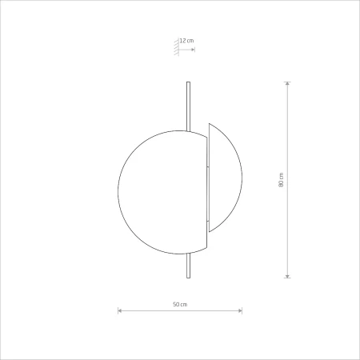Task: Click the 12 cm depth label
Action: [x=186, y=41]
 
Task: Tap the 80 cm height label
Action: [x=281, y=180]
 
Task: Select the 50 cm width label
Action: [x=180, y=304]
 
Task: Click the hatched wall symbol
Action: [x=176, y=47]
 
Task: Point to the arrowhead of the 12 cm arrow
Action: [x=193, y=50]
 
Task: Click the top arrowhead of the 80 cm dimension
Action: [x=287, y=83]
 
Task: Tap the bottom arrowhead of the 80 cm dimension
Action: [x=287, y=276]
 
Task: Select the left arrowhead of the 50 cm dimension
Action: [x=120, y=310]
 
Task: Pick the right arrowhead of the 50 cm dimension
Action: [x=240, y=310]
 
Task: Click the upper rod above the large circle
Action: [x=188, y=106]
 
